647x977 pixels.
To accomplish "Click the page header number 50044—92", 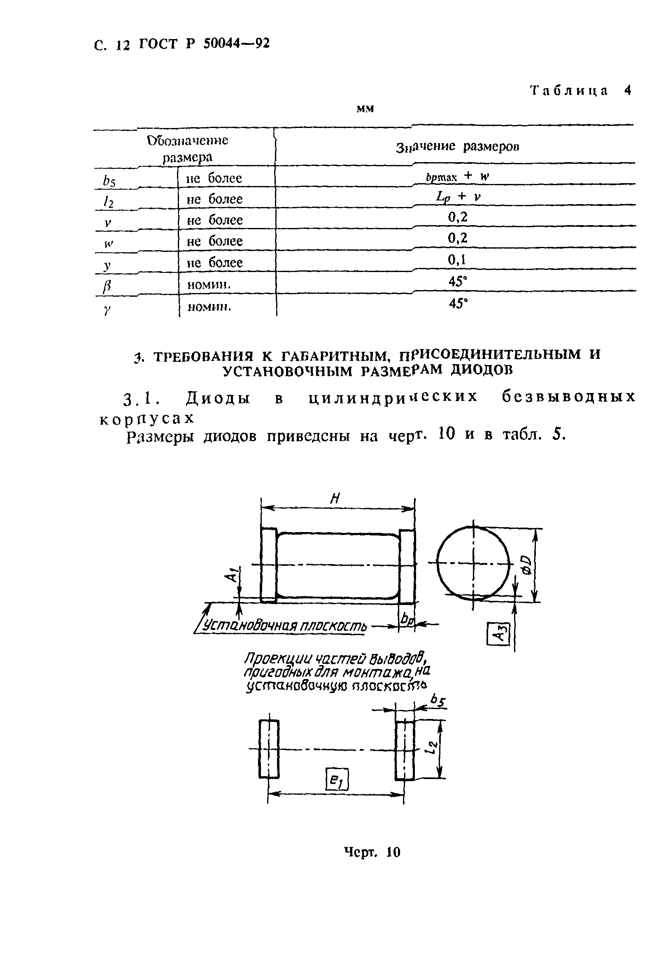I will pos(236,43).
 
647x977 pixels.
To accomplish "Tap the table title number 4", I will pos(628,91).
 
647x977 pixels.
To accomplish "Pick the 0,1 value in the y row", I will pos(457,260).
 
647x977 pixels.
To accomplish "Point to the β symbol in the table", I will pos(107,286).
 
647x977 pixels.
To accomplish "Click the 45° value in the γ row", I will pos(458,304).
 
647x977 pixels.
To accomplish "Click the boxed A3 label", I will pos(498,633).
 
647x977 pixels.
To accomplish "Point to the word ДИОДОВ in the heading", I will pos(481,370).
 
